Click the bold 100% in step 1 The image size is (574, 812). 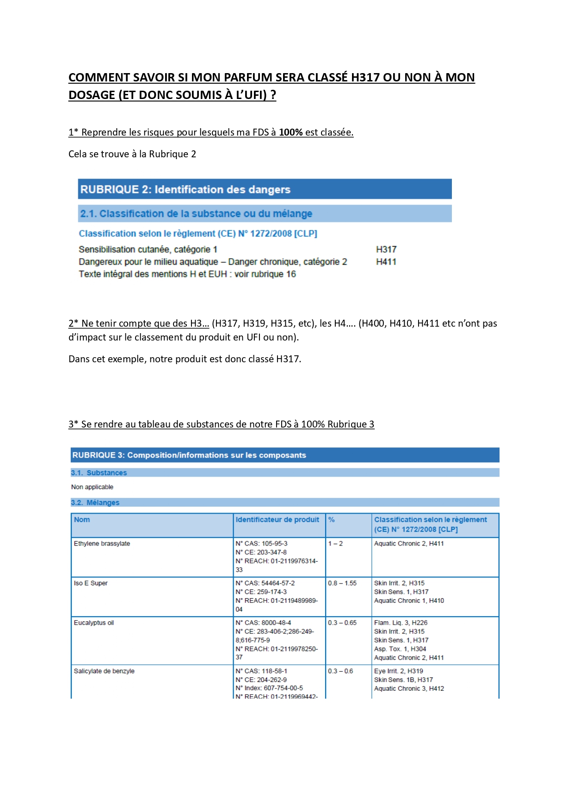(290, 132)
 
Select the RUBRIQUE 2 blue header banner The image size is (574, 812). (265, 189)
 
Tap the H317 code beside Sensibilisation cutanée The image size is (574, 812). (386, 249)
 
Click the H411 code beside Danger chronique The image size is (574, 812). (386, 262)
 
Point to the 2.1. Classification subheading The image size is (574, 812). (196, 214)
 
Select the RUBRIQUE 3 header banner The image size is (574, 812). (284, 455)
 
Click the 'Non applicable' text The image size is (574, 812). (92, 487)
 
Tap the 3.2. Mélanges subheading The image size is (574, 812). (95, 502)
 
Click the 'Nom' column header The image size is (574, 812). (82, 520)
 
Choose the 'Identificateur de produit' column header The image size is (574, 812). (277, 520)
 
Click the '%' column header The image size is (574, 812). (331, 520)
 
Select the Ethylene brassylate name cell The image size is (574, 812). (102, 544)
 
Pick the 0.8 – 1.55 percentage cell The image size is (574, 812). (342, 583)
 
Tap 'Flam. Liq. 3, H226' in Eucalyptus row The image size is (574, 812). (401, 623)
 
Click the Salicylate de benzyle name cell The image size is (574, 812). (104, 671)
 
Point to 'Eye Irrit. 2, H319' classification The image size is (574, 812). (398, 671)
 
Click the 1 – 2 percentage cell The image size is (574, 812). (335, 544)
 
